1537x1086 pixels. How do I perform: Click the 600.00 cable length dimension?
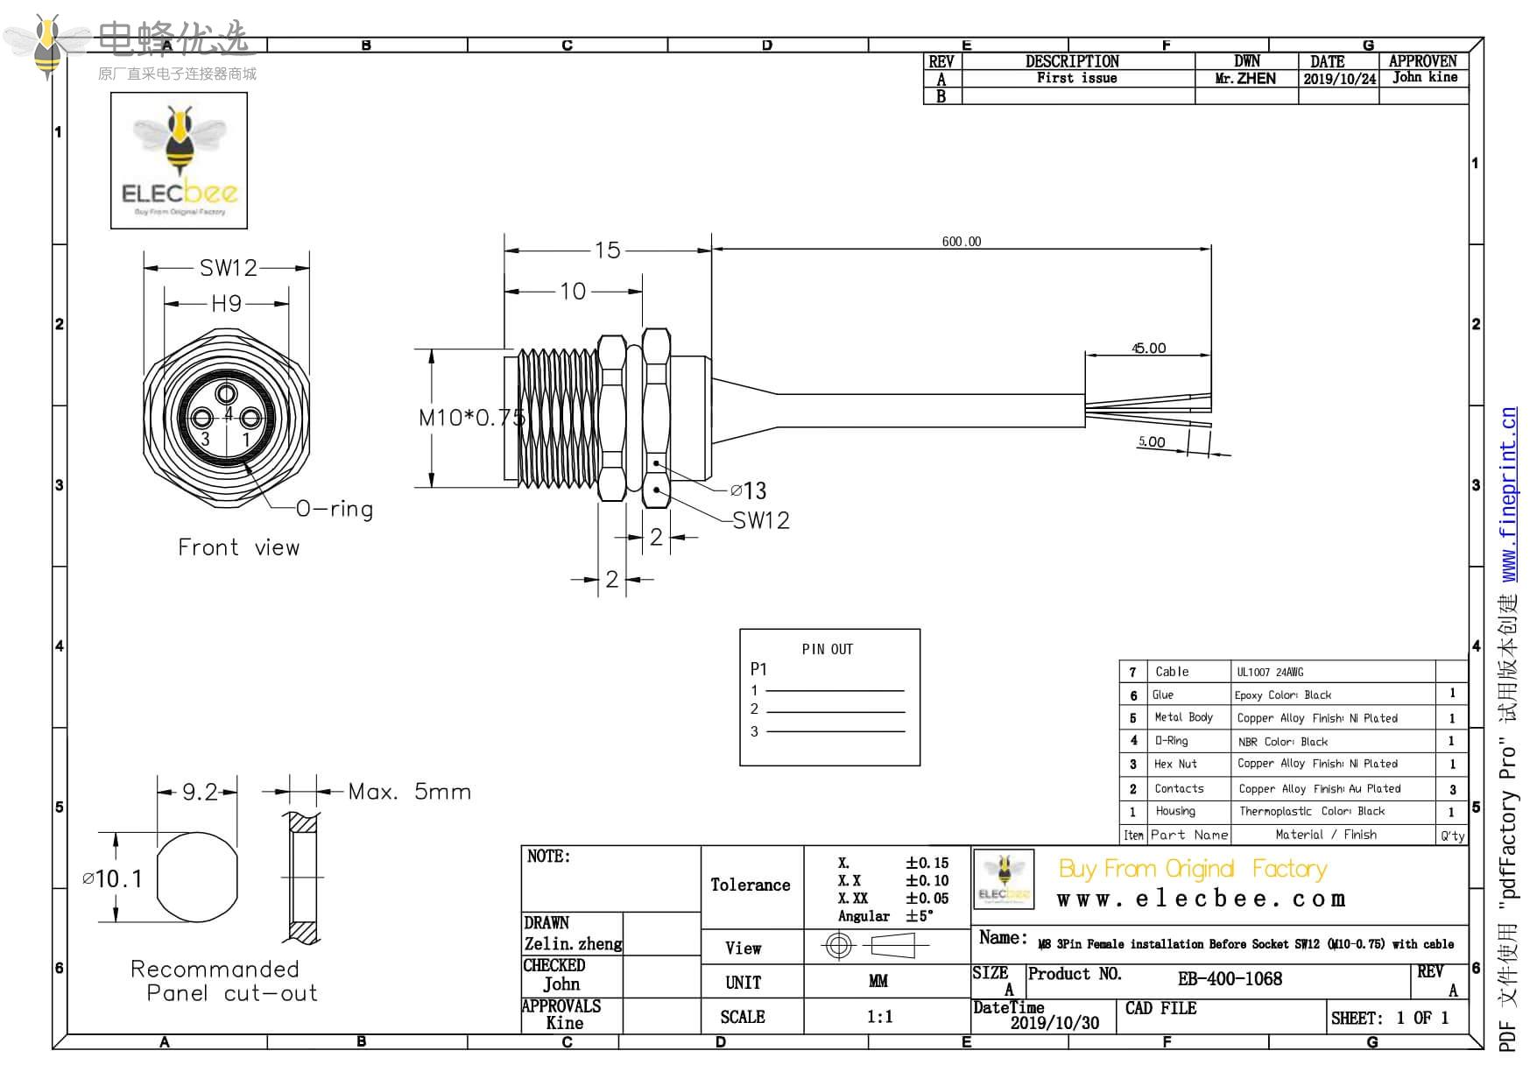(x=961, y=242)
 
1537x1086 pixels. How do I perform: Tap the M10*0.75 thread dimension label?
(x=471, y=418)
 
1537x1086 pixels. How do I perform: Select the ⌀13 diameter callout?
(x=749, y=490)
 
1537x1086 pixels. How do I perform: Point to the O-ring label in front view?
(x=335, y=509)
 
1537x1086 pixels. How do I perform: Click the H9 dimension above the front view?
(x=226, y=304)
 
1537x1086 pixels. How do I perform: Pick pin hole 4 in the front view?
(x=228, y=393)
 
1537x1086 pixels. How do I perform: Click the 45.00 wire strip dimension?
(x=1148, y=349)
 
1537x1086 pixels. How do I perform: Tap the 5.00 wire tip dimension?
(x=1151, y=442)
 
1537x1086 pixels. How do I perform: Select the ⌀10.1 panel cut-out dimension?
(x=112, y=878)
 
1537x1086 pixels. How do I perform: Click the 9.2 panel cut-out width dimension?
(x=199, y=793)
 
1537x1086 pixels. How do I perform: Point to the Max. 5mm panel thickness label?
(x=409, y=793)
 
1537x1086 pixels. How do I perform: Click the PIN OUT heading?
(x=827, y=649)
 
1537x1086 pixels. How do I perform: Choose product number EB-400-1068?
(x=1230, y=979)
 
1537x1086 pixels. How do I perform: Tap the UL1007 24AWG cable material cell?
(x=1270, y=672)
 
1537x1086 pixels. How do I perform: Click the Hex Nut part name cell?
(x=1174, y=764)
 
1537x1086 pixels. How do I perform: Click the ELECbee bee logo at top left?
(x=180, y=160)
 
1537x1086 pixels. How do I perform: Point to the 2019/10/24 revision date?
(x=1339, y=79)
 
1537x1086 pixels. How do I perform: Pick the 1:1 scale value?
(x=879, y=1017)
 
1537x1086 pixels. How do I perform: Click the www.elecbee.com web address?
(x=1201, y=899)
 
